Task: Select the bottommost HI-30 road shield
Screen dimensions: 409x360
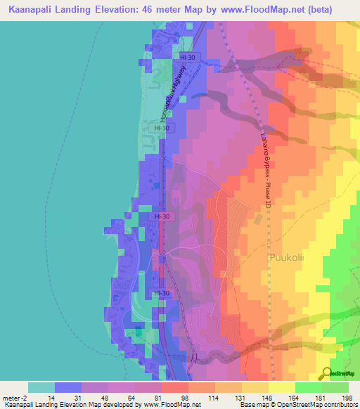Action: point(161,292)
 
